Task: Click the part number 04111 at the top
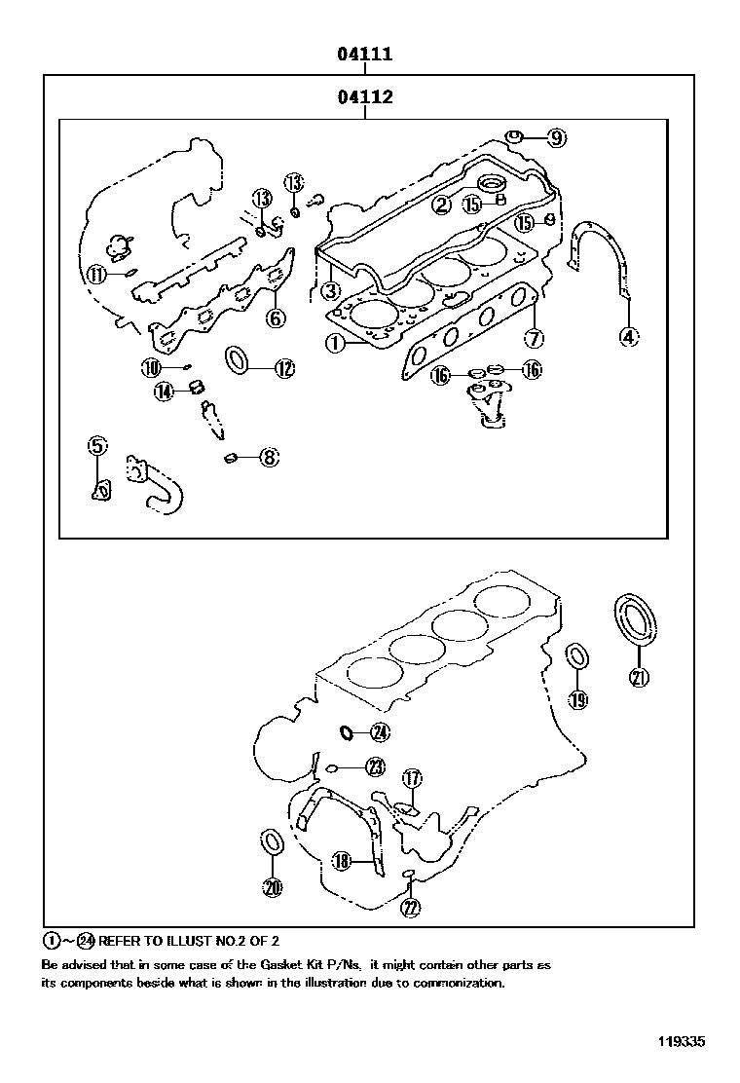[x=365, y=55]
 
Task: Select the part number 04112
[x=365, y=96]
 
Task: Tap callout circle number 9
[x=555, y=138]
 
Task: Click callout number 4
[x=629, y=338]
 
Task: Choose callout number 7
[x=533, y=339]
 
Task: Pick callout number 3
[x=331, y=290]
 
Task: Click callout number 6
[x=276, y=317]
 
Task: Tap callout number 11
[x=95, y=275]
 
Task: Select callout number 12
[x=283, y=368]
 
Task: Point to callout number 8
[x=269, y=456]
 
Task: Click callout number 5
[x=96, y=446]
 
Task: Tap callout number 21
[x=640, y=679]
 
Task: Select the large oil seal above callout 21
[x=634, y=620]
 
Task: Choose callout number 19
[x=578, y=698]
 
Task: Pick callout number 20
[x=273, y=886]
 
